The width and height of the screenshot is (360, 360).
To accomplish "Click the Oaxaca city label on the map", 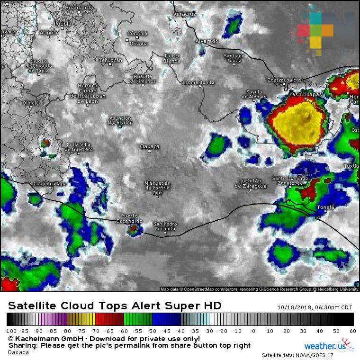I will click(150, 146).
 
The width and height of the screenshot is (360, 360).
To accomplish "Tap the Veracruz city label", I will click(184, 15).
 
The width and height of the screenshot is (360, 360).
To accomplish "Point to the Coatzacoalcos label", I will click(284, 80).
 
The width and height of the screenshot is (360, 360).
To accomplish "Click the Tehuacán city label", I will click(110, 60).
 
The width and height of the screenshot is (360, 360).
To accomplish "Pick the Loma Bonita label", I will click(199, 82).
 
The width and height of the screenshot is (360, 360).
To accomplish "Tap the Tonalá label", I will click(325, 207).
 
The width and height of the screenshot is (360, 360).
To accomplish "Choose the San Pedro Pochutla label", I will click(165, 226).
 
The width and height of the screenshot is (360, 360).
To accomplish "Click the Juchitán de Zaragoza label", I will click(251, 183).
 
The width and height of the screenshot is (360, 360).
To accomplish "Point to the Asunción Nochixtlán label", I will click(121, 120).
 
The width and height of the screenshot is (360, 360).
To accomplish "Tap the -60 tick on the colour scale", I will click(124, 331).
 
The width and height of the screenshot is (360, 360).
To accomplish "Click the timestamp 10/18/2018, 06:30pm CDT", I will click(315, 307).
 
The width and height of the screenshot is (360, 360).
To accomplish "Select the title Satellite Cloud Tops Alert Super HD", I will click(115, 306).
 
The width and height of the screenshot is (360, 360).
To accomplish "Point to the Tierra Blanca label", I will click(171, 58).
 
